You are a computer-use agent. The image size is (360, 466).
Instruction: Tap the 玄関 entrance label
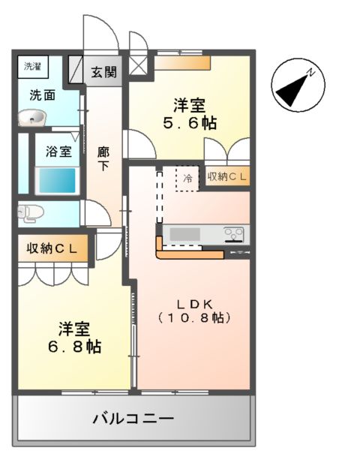(104, 72)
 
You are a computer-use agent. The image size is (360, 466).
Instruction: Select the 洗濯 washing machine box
(32, 66)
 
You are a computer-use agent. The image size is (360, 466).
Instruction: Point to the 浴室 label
(58, 151)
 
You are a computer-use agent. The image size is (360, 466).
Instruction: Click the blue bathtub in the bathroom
(56, 181)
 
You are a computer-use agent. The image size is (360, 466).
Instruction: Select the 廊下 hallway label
(103, 158)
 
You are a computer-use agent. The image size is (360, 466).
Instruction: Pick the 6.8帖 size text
(75, 347)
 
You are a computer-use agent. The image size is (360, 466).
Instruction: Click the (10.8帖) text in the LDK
(196, 317)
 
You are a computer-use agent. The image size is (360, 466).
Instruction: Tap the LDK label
(196, 302)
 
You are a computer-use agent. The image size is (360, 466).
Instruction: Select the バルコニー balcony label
(133, 417)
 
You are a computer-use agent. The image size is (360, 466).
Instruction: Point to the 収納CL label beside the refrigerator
(228, 177)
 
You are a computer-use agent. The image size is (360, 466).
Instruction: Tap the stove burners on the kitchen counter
(235, 235)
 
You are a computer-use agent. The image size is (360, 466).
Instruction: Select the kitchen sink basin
(184, 235)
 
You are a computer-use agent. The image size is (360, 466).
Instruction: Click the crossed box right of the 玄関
(139, 65)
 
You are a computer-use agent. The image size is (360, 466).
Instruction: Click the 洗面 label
(42, 95)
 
